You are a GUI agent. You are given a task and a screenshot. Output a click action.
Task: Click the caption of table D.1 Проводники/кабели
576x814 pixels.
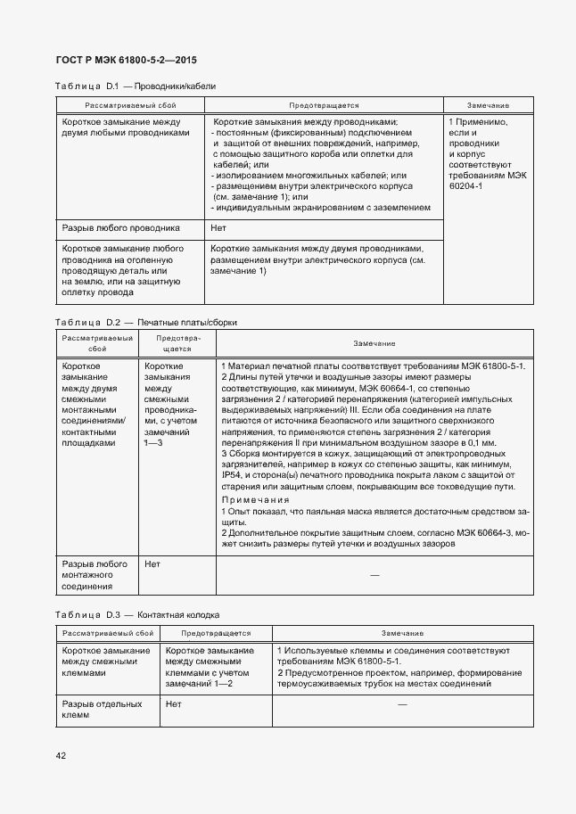tap(136, 86)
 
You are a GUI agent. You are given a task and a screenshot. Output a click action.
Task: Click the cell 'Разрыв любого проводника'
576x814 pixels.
tap(121, 228)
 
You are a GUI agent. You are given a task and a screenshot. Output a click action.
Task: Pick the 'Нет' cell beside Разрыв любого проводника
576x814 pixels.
tap(218, 228)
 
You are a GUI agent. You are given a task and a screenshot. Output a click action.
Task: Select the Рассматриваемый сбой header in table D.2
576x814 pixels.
tap(96, 344)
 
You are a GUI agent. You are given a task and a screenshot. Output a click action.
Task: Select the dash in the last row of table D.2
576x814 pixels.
tap(374, 576)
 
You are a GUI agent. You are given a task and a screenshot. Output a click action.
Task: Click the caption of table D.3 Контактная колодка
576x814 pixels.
tap(136, 615)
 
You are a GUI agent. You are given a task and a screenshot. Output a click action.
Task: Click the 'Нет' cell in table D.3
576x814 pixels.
tap(174, 704)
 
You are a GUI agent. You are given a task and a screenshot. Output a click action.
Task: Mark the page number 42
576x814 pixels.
tap(61, 756)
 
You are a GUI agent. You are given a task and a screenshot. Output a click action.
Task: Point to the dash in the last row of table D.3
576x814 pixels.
tap(401, 705)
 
